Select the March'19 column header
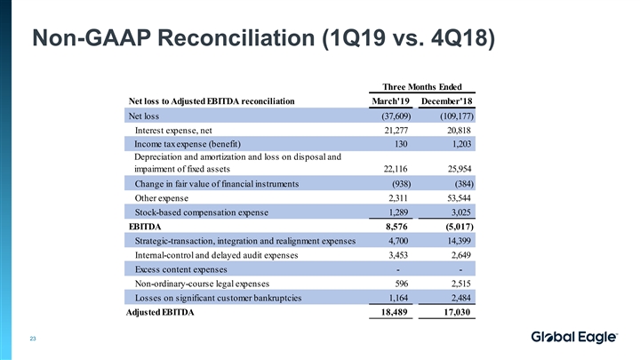tap(391, 101)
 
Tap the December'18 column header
tap(448, 101)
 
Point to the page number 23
tap(33, 337)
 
